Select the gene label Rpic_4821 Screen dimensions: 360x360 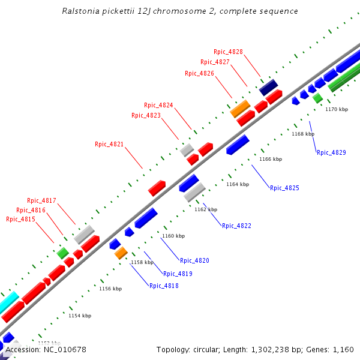(109, 144)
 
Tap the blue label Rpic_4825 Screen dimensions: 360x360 (284, 188)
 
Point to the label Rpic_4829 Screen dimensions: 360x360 (331, 152)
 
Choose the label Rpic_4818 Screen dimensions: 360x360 (164, 286)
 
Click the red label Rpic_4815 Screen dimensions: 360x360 (20, 220)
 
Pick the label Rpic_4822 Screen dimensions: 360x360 (236, 226)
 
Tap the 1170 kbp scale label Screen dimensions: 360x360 (336, 109)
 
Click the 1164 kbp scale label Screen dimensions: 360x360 (237, 185)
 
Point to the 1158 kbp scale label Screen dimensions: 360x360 (142, 262)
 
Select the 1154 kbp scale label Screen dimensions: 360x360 (80, 316)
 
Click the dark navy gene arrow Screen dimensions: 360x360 (268, 88)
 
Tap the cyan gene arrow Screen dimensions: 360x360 (8, 302)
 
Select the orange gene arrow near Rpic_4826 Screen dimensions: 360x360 (240, 109)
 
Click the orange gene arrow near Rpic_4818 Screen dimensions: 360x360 (121, 253)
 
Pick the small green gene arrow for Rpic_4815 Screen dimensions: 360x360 (62, 253)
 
